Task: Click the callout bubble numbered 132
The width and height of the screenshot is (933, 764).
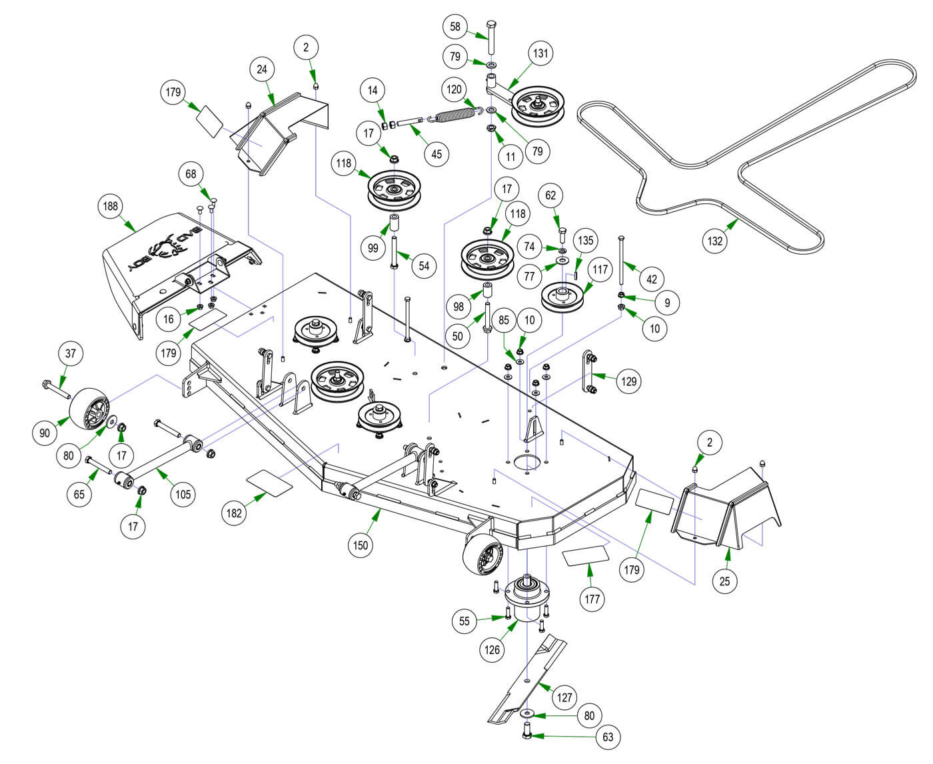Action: point(714,241)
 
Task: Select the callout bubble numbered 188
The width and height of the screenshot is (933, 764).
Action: point(111,206)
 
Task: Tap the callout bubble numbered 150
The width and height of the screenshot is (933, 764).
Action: point(361,545)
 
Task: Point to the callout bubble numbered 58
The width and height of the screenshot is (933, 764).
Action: point(455,27)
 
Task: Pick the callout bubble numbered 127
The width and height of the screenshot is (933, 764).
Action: point(564,697)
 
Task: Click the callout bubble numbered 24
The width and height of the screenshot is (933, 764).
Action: point(263,69)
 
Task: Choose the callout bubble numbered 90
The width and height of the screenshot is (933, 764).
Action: point(45,433)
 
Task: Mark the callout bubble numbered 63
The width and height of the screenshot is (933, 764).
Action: point(607,737)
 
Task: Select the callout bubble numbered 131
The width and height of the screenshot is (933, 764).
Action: point(540,53)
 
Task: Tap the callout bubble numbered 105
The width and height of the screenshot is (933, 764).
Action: point(183,493)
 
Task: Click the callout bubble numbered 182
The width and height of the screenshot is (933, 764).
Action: point(234,513)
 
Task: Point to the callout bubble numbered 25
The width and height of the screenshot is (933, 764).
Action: point(724,581)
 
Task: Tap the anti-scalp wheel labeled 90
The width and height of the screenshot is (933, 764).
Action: point(90,408)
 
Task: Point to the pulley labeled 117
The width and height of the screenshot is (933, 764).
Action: point(562,296)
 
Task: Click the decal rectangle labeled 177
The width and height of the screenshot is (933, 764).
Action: point(586,557)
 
